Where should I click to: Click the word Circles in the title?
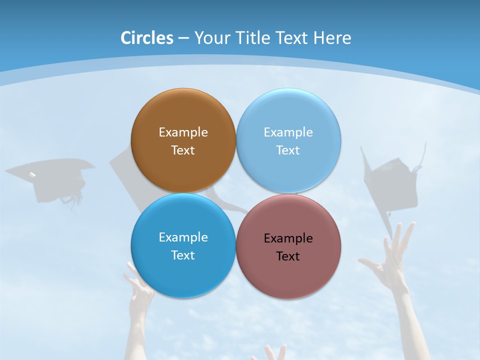[x=146, y=38]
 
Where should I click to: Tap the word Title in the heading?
[x=253, y=38]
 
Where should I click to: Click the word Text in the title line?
[x=293, y=38]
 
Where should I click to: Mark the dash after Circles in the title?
[x=183, y=38]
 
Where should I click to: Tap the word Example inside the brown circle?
[x=183, y=132]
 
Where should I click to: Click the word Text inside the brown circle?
[x=183, y=150]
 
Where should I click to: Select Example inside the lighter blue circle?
[x=288, y=132]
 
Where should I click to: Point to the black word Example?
[x=288, y=238]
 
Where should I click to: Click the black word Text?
[x=288, y=256]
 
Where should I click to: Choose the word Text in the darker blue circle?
[x=183, y=255]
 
